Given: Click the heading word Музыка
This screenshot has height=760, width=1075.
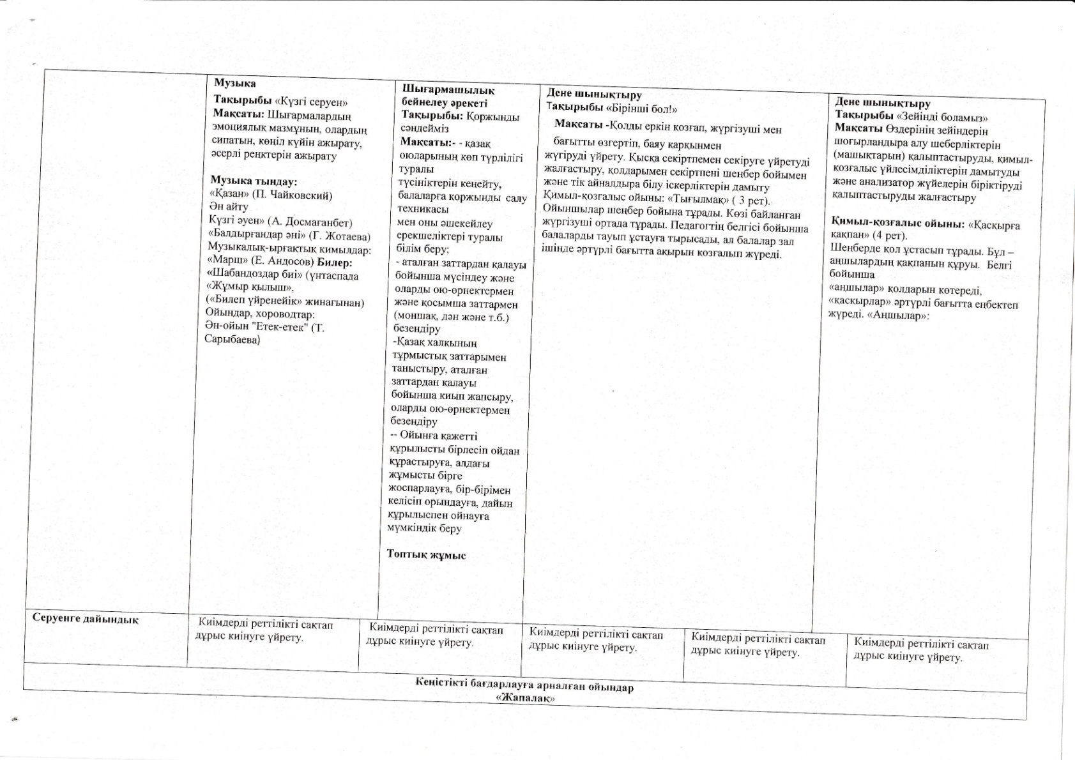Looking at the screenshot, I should (x=235, y=84).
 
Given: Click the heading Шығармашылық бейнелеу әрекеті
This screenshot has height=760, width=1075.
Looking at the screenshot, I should (x=447, y=96).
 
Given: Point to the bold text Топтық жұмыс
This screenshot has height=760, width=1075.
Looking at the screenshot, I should (x=426, y=555).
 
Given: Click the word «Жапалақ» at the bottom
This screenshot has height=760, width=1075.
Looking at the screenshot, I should (x=524, y=699).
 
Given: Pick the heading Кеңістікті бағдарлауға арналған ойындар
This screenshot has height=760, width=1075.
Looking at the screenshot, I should (x=524, y=688).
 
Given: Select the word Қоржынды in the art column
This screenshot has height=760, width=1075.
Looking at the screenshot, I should (x=492, y=117).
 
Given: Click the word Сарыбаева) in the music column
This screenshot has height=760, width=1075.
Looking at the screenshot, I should (x=233, y=340).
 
